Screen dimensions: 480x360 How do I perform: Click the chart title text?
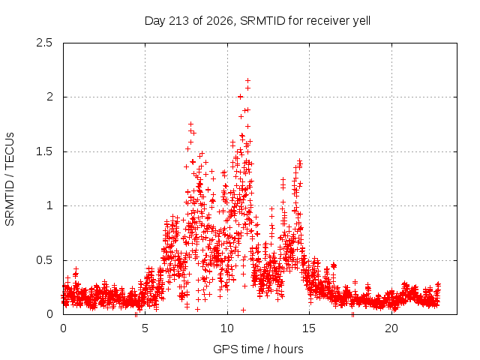pos(257,21)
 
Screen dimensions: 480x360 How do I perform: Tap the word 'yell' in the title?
pos(361,21)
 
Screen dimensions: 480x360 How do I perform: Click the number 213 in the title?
pos(179,21)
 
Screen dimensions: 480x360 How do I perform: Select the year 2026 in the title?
pos(220,21)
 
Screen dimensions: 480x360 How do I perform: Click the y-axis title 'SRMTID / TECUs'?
pos(10,179)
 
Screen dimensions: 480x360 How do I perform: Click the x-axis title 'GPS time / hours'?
pos(258,349)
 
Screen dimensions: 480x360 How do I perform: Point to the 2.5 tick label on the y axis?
pos(44,43)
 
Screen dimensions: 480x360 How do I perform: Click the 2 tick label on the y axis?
pos(49,97)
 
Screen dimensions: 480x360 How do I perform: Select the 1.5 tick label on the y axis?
pos(44,151)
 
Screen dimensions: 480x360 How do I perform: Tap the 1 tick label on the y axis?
pos(50,205)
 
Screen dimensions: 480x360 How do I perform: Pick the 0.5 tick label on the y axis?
pos(44,260)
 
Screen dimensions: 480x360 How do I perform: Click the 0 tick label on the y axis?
pos(49,314)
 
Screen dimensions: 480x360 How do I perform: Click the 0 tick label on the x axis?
pos(63,328)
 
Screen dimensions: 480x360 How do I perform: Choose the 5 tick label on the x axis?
pos(145,328)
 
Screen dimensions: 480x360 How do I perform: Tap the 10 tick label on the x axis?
pos(227,328)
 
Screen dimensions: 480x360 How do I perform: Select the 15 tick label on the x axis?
pos(309,328)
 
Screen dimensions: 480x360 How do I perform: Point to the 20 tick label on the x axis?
pos(391,328)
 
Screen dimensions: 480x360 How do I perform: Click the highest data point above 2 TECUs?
pos(248,80)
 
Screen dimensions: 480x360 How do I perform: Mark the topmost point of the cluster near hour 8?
pos(190,124)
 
